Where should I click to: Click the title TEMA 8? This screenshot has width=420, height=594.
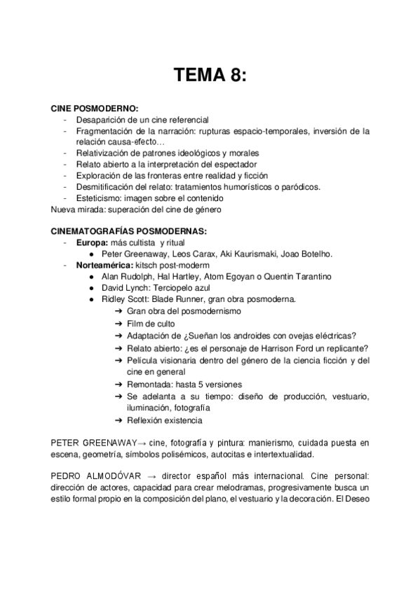[x=210, y=75]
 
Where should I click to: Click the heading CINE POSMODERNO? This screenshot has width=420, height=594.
[x=95, y=109]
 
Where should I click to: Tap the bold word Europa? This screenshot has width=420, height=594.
[x=93, y=242]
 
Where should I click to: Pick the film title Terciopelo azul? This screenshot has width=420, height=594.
[x=184, y=288]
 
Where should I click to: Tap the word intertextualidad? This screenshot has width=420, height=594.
[x=295, y=455]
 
